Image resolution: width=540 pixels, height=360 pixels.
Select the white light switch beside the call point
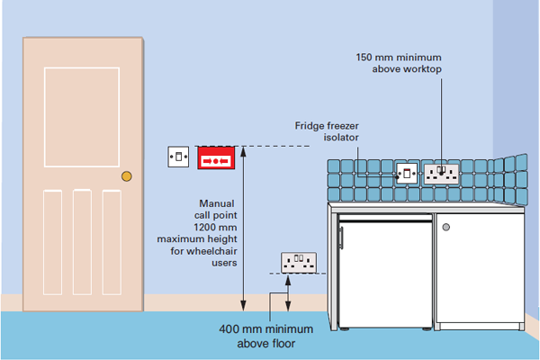(x=179, y=157)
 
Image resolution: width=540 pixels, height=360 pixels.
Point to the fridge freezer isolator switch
(x=407, y=171)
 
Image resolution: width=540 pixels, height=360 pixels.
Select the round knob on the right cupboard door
(x=445, y=227)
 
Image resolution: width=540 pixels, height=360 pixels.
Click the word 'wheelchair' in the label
(x=209, y=252)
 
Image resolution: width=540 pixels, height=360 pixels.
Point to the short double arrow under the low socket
(x=288, y=293)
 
